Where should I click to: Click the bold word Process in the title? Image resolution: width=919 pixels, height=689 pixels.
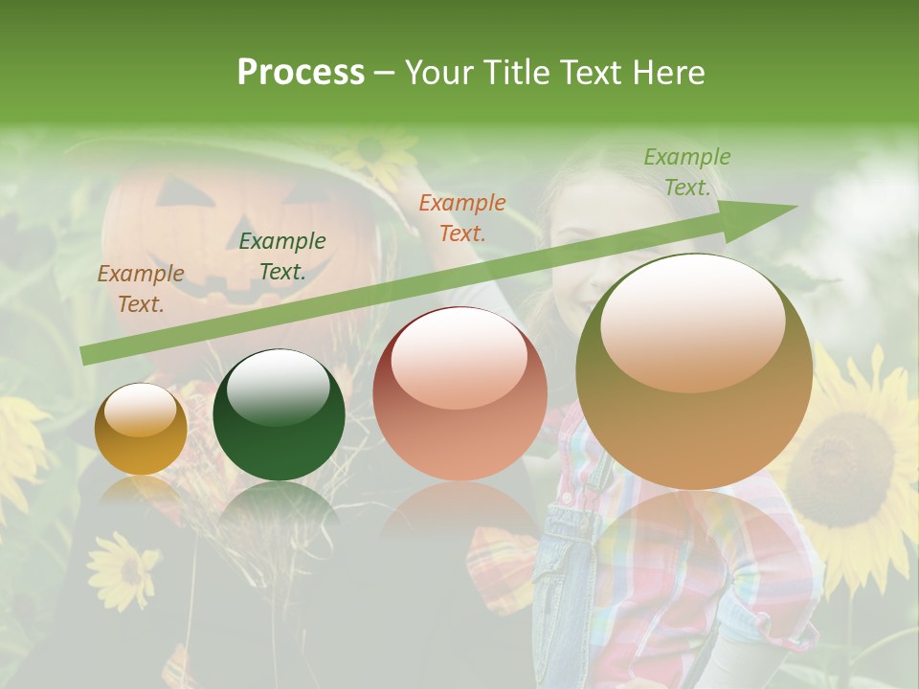[x=301, y=73]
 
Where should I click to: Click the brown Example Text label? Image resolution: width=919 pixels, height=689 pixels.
[x=141, y=289]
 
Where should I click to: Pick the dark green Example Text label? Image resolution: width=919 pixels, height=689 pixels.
[x=282, y=256]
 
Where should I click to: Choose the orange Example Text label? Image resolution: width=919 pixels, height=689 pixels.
[x=462, y=217]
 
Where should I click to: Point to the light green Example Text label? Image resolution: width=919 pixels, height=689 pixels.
[x=687, y=172]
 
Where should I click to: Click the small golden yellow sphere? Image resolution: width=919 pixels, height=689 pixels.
[x=141, y=429]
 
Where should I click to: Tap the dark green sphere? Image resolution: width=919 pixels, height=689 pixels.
[x=279, y=415]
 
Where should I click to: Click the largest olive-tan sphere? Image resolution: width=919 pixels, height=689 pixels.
[x=694, y=373]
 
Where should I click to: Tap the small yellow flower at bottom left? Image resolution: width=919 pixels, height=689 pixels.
[x=123, y=568]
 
